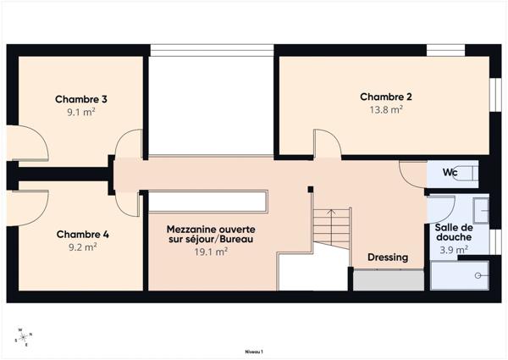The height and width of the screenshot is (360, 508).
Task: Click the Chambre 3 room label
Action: (80, 99)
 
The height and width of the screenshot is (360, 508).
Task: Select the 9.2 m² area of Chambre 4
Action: (82, 247)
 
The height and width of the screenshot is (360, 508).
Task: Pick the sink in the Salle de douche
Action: (480, 209)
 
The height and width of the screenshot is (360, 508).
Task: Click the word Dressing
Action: (388, 257)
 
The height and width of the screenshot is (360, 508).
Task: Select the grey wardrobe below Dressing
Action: (388, 280)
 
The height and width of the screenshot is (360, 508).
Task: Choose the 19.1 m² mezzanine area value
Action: (211, 252)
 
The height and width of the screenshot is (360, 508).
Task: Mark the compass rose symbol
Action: (23, 338)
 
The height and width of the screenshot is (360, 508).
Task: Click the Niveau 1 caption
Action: (253, 351)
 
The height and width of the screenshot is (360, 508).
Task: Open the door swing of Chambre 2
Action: (326, 142)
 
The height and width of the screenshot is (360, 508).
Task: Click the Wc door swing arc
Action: (411, 174)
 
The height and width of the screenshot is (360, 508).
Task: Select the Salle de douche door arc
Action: (443, 208)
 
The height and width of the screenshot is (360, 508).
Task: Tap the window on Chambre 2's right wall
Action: (495, 95)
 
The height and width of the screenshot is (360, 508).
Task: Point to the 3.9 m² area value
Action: (451, 251)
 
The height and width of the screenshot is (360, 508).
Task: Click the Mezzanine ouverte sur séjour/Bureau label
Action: (211, 235)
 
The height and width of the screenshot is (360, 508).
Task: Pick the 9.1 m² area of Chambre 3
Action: (80, 112)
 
